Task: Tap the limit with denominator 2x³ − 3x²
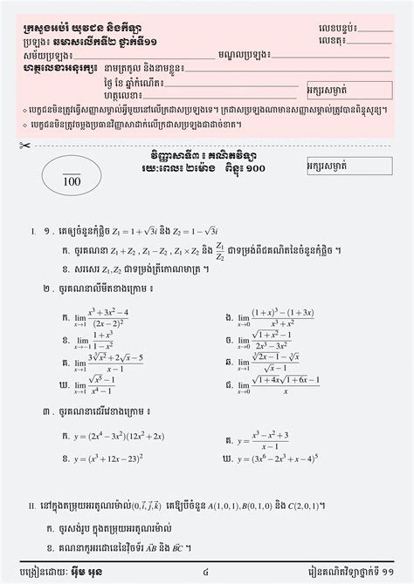coord(266,338)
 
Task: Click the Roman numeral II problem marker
coord(31,506)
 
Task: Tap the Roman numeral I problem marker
coord(31,231)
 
